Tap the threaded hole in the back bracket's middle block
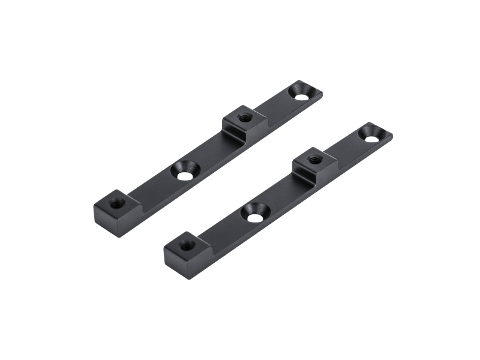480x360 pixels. [244, 117]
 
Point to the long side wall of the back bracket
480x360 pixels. [180, 192]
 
